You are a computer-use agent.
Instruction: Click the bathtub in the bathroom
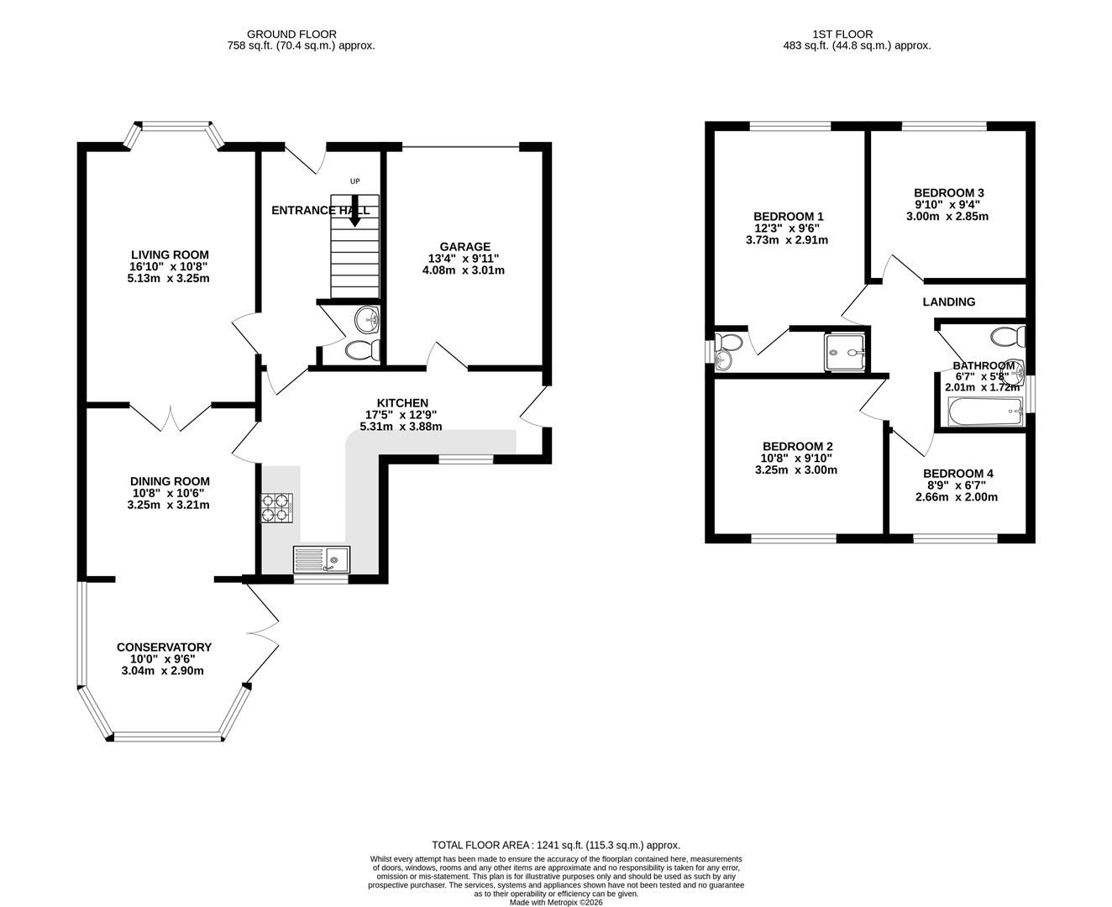tap(984, 413)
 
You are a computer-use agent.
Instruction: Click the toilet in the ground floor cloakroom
tap(364, 349)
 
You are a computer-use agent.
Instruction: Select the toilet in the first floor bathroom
tap(1007, 337)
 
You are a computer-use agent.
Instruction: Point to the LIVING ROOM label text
tap(170, 254)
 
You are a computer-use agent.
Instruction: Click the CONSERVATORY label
tap(164, 647)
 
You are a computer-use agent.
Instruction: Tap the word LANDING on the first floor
tap(948, 301)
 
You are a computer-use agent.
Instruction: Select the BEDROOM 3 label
tap(948, 192)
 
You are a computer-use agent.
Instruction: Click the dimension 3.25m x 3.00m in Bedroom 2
tap(797, 470)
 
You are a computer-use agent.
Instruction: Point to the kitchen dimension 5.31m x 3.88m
tap(402, 427)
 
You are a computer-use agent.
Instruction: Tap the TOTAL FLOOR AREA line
tap(555, 845)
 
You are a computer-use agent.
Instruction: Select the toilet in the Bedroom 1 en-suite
tap(727, 343)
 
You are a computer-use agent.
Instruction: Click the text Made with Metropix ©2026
tap(555, 903)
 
